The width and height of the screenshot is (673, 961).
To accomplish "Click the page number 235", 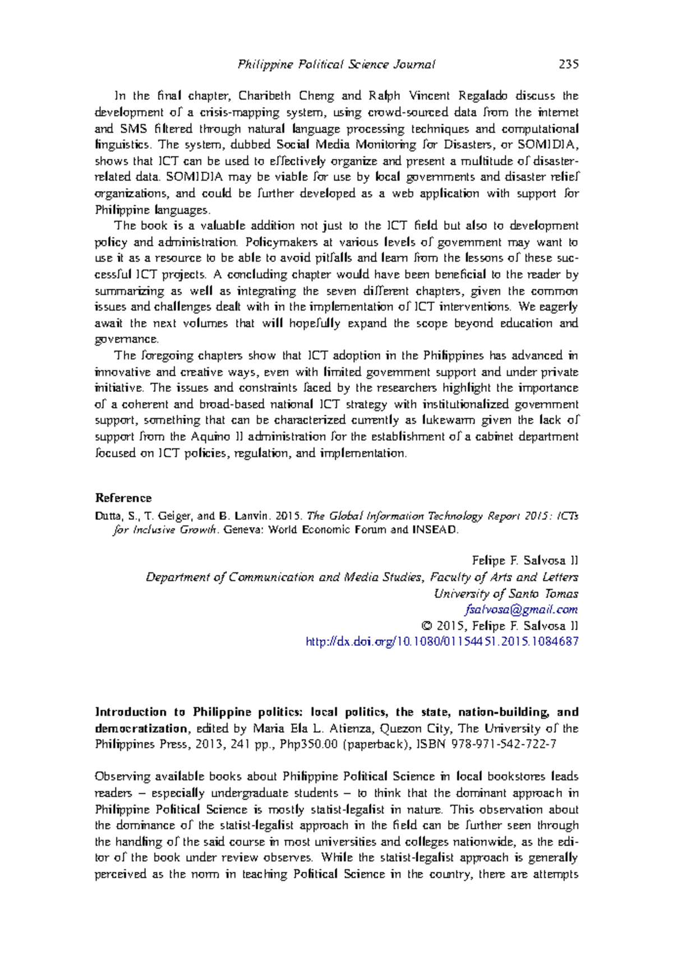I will [568, 64].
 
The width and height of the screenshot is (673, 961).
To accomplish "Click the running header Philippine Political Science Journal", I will [336, 64].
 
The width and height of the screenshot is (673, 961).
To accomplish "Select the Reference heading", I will [123, 498].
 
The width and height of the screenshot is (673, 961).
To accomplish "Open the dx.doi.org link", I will [442, 641].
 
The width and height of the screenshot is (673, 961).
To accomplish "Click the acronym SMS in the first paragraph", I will [134, 128].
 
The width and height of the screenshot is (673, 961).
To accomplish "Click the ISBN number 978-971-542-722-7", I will [506, 744].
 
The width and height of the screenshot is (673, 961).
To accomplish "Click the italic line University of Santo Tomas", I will [506, 593].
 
